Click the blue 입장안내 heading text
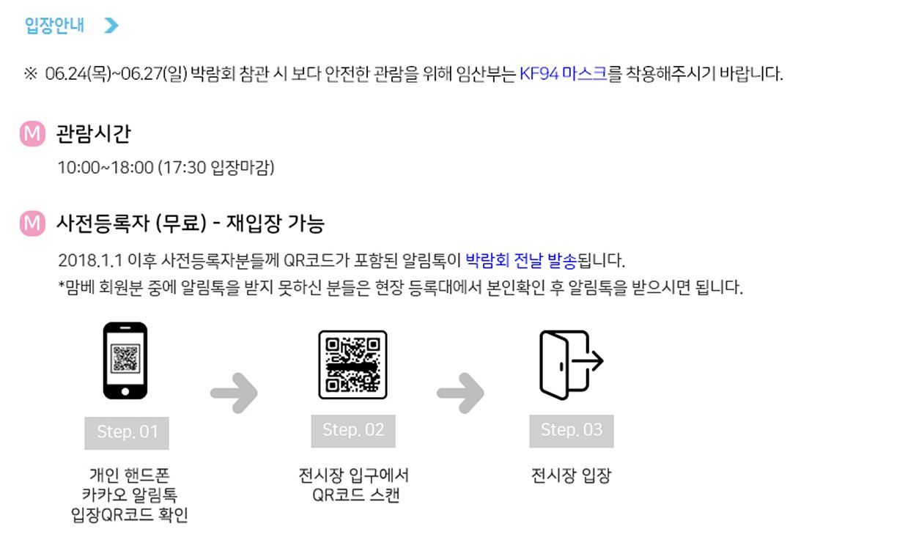pos(55,26)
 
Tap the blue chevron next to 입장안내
pos(111,26)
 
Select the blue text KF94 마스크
pos(563,74)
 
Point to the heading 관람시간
pos(93,134)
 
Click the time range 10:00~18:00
pos(106,168)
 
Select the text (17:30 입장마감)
pos(216,168)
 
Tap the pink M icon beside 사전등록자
pos(32,223)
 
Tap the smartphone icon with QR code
pos(125,360)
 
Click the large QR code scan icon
pos(352,365)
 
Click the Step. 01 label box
pos(127,432)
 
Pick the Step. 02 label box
pos(353,430)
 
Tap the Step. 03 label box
pos(572,430)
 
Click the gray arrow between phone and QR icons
pos(234,393)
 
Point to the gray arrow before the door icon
pos(460,393)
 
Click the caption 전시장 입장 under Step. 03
pos(571,476)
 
